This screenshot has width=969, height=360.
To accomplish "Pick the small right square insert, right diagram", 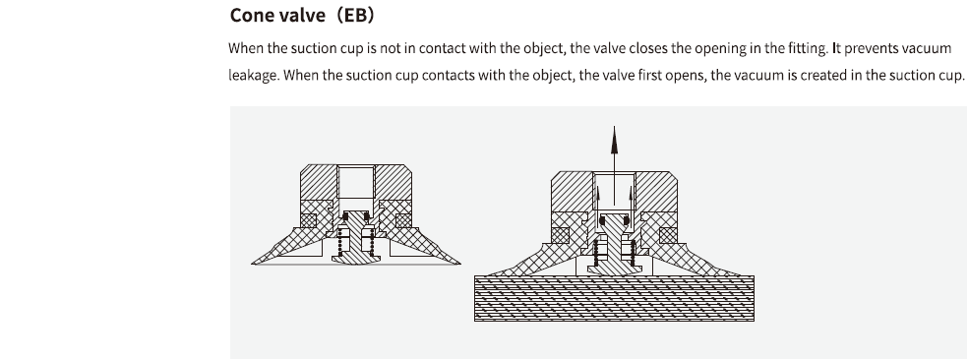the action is pyautogui.click(x=668, y=236).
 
